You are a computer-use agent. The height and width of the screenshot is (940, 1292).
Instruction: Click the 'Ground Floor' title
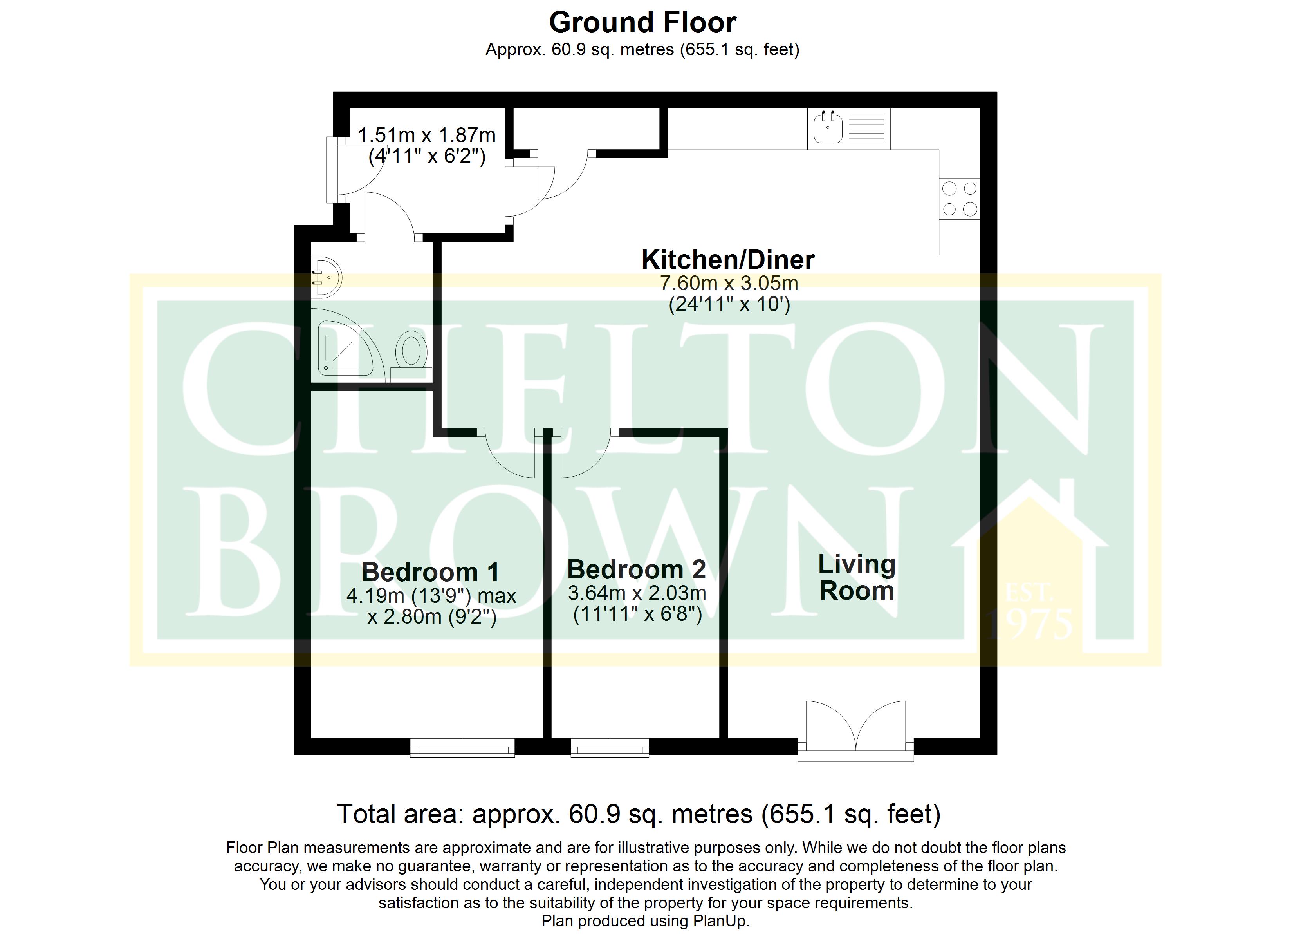point(642,23)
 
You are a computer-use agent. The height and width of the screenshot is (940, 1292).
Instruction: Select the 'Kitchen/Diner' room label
point(728,259)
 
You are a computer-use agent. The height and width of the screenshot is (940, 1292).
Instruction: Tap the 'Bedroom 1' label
point(431,572)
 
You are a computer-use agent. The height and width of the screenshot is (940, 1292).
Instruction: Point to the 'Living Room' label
point(857,577)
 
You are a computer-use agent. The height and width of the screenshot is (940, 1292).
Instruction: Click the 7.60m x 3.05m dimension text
point(729,283)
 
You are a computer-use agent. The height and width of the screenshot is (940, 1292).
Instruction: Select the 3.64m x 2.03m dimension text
point(637,593)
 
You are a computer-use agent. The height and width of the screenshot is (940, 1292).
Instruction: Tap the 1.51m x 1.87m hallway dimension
point(427,135)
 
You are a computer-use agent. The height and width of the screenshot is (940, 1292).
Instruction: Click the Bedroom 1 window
point(462,747)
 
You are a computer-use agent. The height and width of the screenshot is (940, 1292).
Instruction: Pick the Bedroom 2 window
point(610,747)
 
